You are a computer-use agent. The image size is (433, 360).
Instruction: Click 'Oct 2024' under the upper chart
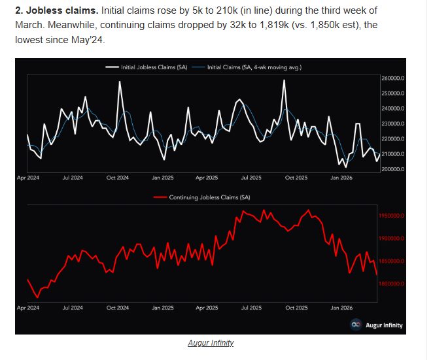coord(117,177)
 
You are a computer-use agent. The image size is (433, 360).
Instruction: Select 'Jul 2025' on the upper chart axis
coord(251,177)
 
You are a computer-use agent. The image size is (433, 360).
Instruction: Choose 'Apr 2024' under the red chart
coord(27,306)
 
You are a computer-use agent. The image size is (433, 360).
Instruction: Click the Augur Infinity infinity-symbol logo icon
coord(356,325)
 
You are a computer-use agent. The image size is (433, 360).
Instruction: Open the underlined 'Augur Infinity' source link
coord(211,342)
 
